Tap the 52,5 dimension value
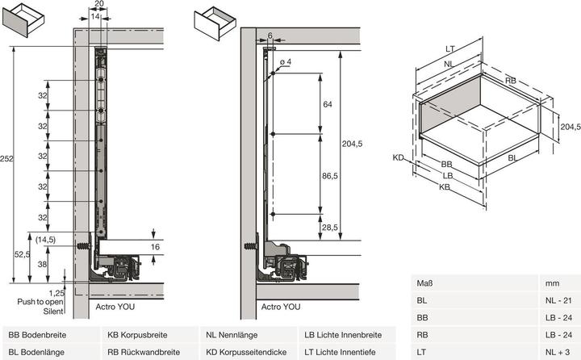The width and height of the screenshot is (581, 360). coord(21,254)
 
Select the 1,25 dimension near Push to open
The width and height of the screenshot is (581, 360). coord(56,293)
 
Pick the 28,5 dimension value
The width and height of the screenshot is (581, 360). coord(328,228)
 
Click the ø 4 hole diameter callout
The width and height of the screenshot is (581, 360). coord(286,63)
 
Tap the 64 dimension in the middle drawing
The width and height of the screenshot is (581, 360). coord(327,104)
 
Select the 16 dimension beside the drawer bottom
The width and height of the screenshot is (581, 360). coord(157,246)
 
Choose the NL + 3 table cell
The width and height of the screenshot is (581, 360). coord(556,351)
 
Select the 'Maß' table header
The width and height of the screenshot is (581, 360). coord(424,283)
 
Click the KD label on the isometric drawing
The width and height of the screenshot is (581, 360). coord(399,157)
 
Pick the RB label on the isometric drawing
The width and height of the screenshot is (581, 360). coord(510,81)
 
